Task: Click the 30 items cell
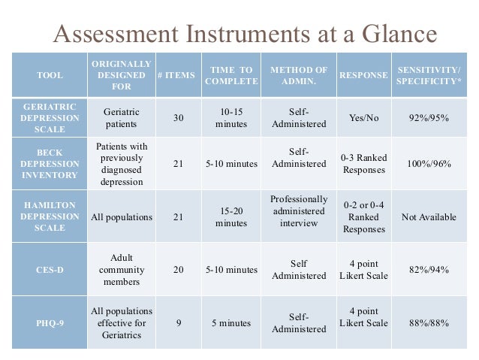pyautogui.click(x=177, y=118)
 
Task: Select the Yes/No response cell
pyautogui.click(x=364, y=118)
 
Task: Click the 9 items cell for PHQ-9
pyautogui.click(x=177, y=323)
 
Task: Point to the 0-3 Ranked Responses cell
pyautogui.click(x=364, y=164)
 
